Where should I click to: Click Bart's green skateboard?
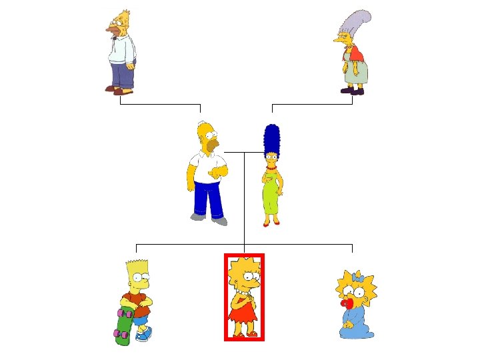coord(123,328)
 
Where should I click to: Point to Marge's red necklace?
coord(271,168)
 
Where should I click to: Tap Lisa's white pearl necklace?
coord(245,292)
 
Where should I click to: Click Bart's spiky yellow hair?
coord(136,266)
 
